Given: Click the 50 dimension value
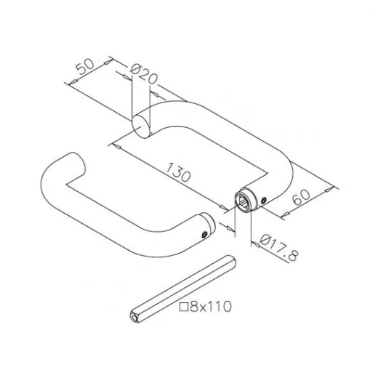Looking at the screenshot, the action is (x=85, y=66).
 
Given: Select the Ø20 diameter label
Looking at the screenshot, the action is (x=144, y=73).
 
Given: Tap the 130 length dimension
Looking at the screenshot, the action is (x=179, y=172).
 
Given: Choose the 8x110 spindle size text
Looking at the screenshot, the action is (x=211, y=307).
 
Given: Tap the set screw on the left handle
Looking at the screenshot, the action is (x=205, y=234).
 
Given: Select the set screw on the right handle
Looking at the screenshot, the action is (x=264, y=200).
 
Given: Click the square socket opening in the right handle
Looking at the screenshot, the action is (x=244, y=201).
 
